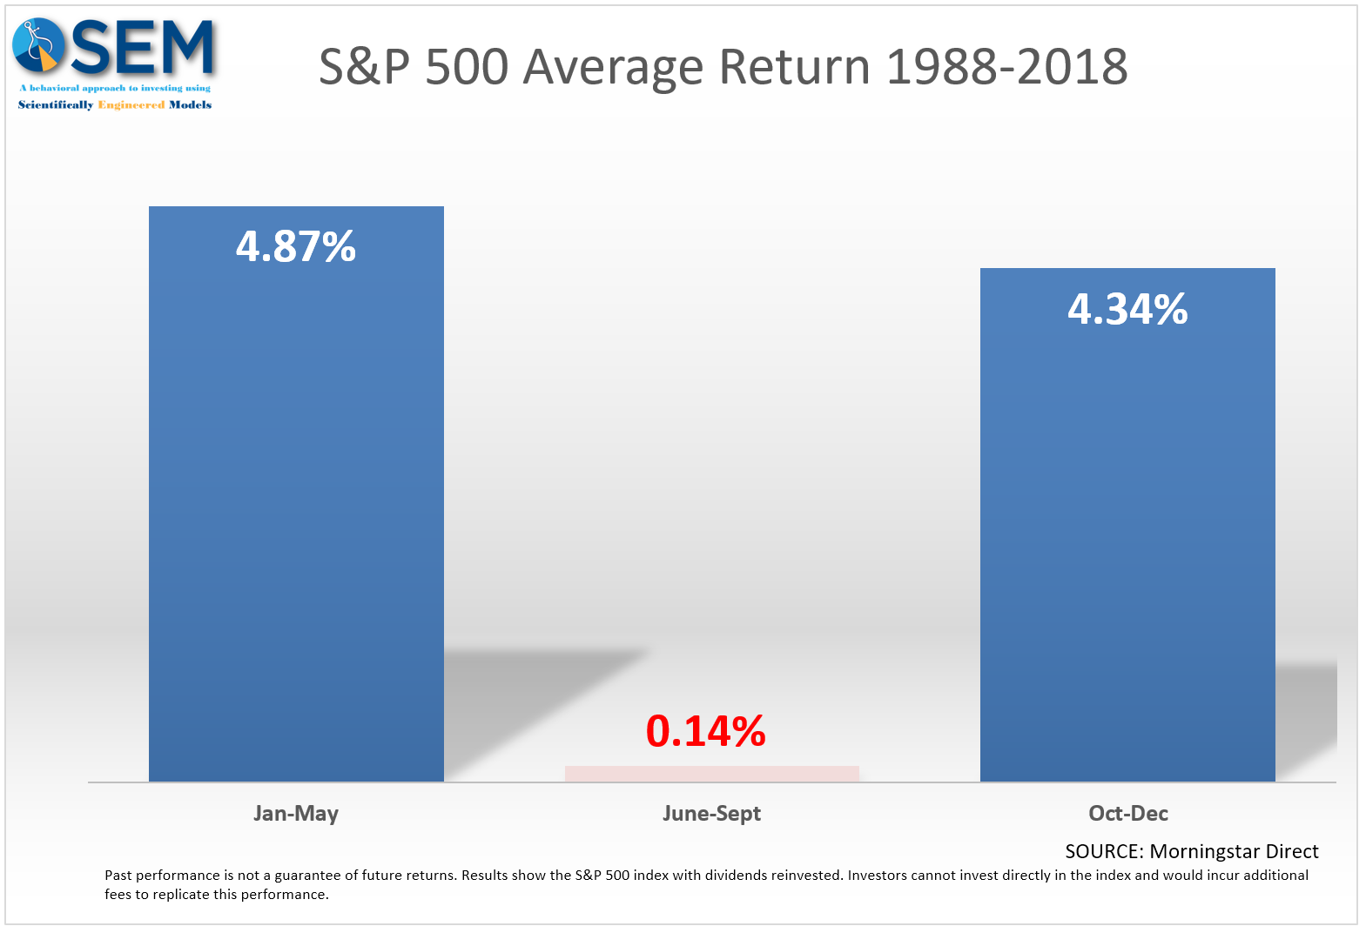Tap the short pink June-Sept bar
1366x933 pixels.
click(711, 774)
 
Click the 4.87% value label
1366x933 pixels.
click(296, 246)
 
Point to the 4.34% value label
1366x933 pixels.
click(1127, 309)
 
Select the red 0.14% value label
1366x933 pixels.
click(705, 731)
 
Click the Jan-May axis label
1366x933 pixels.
click(296, 813)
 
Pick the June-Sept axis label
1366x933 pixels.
click(711, 813)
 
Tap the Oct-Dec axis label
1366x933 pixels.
click(1127, 813)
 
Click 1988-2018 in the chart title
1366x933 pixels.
click(1006, 67)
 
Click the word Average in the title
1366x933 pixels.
click(612, 67)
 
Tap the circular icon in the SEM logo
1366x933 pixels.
click(37, 45)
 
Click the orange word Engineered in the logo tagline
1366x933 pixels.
click(131, 104)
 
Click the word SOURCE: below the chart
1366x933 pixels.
click(1104, 851)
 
